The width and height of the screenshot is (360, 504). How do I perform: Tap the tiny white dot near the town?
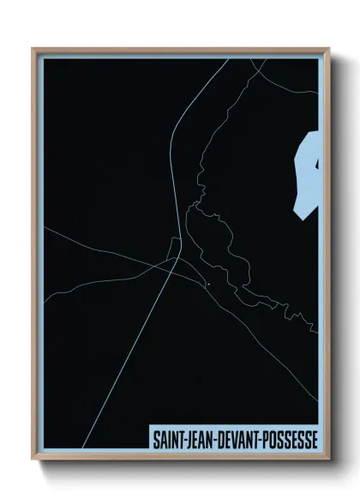[x=208, y=283]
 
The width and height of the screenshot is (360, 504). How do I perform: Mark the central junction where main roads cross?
[x=176, y=259]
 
